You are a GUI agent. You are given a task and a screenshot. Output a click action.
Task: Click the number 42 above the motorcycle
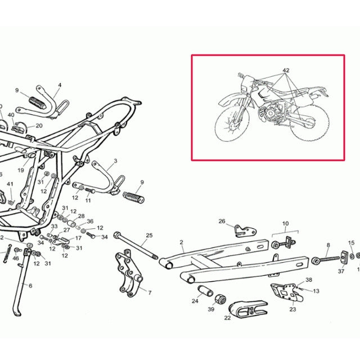(286, 71)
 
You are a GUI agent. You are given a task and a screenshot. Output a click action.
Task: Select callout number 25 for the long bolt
(149, 235)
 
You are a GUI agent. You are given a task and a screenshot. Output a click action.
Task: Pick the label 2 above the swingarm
(182, 242)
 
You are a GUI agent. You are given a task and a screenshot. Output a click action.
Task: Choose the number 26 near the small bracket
(222, 221)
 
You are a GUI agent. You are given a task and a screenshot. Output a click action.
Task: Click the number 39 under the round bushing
(211, 309)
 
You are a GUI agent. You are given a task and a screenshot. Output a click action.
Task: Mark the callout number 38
(308, 280)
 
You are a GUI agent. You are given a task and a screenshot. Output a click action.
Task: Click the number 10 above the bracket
(286, 223)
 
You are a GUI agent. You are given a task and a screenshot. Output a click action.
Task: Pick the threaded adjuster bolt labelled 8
(326, 260)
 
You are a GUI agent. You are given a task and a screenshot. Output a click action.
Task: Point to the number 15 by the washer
(352, 243)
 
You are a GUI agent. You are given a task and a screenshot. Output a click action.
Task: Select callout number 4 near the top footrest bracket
(59, 85)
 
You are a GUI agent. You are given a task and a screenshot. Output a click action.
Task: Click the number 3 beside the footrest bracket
(115, 161)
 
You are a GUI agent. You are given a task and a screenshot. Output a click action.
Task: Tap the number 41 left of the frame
(10, 184)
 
